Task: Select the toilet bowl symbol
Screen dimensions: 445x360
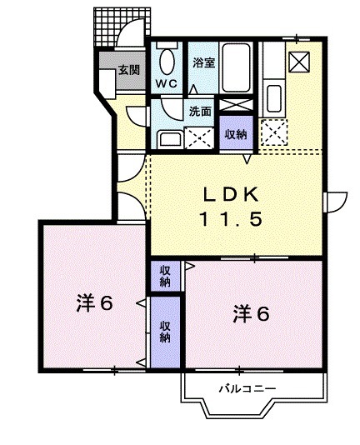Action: (x=166, y=62)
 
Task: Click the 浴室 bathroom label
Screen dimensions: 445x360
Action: (x=203, y=62)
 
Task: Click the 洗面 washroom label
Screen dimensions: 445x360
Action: (x=198, y=110)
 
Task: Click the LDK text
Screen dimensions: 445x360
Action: (x=233, y=194)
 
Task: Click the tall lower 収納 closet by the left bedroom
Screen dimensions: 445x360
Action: (x=165, y=332)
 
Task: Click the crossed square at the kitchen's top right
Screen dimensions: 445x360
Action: (x=298, y=62)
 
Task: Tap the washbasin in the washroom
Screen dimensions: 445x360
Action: (x=171, y=138)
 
